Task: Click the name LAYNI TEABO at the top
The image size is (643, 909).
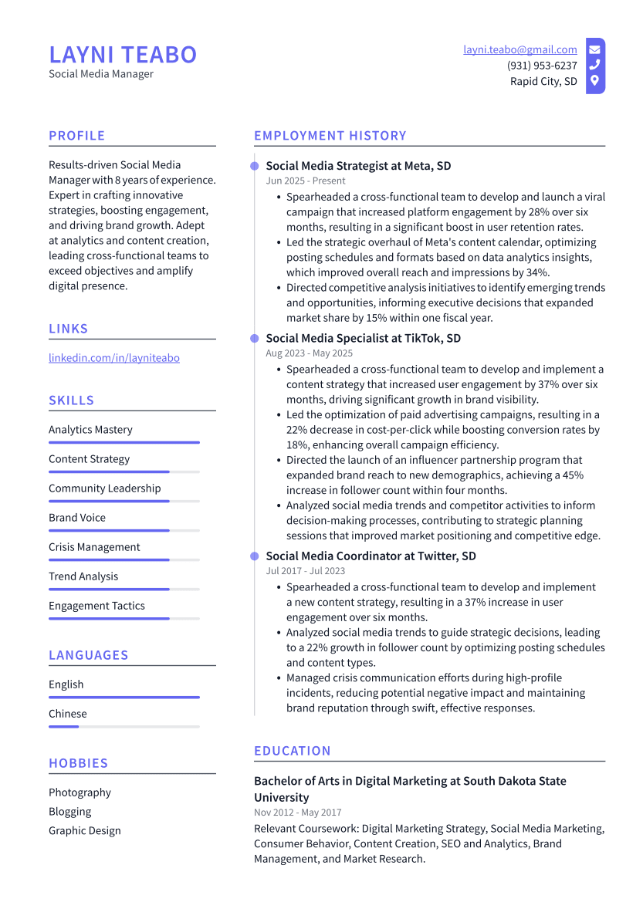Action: pyautogui.click(x=123, y=55)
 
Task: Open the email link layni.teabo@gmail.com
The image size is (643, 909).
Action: pyautogui.click(x=520, y=49)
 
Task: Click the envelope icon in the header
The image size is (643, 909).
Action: pyautogui.click(x=594, y=49)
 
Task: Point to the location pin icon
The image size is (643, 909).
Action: pyautogui.click(x=594, y=81)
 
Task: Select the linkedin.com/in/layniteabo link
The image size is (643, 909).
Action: pyautogui.click(x=114, y=358)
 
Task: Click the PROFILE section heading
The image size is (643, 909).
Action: pyautogui.click(x=77, y=136)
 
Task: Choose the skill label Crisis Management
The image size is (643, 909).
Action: pyautogui.click(x=94, y=547)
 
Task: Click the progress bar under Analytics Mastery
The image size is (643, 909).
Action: pyautogui.click(x=124, y=442)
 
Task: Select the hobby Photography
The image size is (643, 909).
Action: pyautogui.click(x=80, y=792)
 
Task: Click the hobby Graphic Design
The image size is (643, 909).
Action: pyautogui.click(x=85, y=831)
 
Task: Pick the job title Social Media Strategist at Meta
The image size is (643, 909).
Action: pyautogui.click(x=358, y=166)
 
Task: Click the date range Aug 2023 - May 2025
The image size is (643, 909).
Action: pyautogui.click(x=309, y=353)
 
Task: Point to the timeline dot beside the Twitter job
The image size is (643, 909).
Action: pyautogui.click(x=254, y=556)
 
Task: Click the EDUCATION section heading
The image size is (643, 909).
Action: pyautogui.click(x=293, y=751)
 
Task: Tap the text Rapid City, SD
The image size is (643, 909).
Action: pyautogui.click(x=543, y=81)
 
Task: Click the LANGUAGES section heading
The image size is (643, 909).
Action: pyautogui.click(x=89, y=655)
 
